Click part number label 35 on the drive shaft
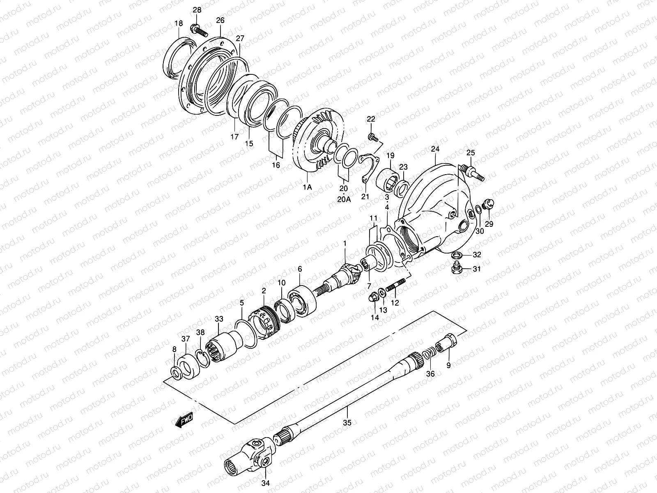point(347,422)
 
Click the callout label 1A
point(307,187)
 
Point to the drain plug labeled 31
point(455,269)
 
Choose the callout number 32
point(477,255)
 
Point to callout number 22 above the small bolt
point(371,119)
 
